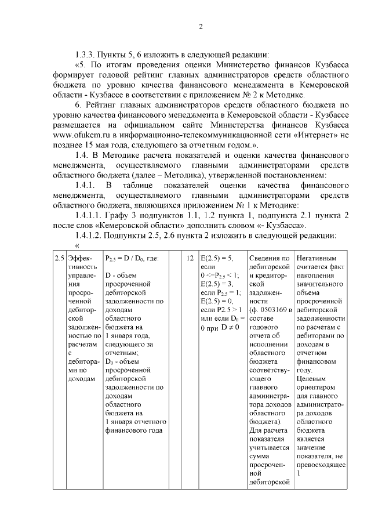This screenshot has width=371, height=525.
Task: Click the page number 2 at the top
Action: pyautogui.click(x=201, y=26)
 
